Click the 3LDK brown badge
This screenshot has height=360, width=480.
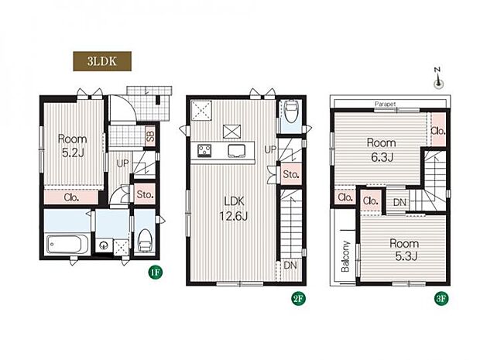pos(102,61)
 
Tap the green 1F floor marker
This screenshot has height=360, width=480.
pos(155,273)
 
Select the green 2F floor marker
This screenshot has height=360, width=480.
pos(299,299)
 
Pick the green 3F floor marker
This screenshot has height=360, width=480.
pos(442,299)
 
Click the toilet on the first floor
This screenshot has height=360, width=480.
pos(145,242)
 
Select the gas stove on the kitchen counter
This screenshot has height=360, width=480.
pos(204,151)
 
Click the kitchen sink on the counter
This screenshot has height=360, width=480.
pos(237,151)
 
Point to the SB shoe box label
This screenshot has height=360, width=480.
pos(150,135)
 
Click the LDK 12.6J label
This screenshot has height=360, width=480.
pos(234,209)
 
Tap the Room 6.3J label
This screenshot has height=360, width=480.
pos(382,150)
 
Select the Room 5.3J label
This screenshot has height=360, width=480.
pos(404,250)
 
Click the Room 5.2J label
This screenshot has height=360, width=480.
pos(73,146)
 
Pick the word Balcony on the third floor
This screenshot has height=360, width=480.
pos(345,256)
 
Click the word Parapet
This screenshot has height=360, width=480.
pos(385,104)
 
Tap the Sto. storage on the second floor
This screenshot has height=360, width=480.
pos(291,174)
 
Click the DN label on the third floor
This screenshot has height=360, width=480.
pos(399,202)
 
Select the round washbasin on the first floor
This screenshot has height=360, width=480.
pos(104,245)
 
